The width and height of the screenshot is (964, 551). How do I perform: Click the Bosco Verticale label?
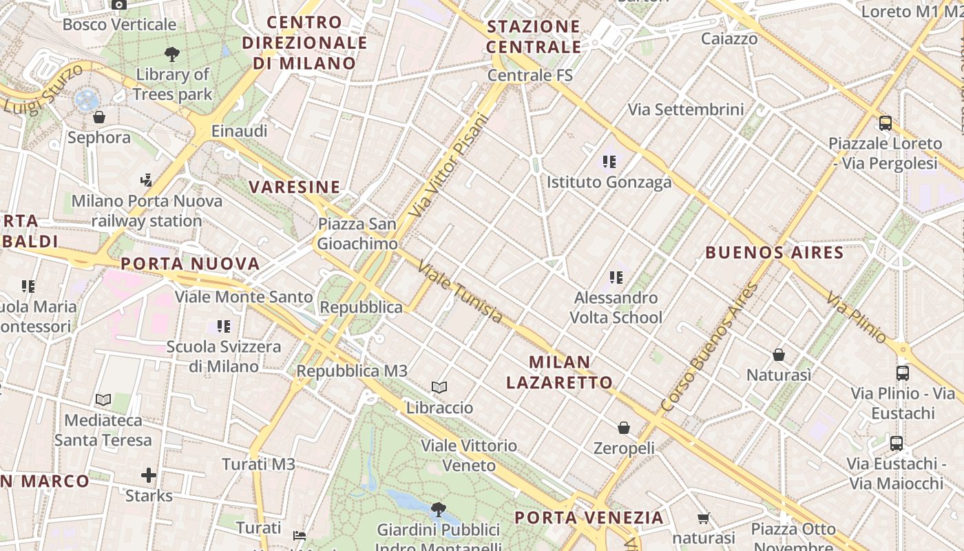[x=119, y=25]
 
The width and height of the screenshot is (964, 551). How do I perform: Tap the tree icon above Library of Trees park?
[x=172, y=54]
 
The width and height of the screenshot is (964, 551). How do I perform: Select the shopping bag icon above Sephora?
[x=99, y=117]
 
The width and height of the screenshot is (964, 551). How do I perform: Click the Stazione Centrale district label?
[x=534, y=37]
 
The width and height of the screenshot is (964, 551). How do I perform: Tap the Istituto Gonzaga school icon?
[x=609, y=162]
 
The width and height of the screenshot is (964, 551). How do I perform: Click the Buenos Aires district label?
[x=774, y=252]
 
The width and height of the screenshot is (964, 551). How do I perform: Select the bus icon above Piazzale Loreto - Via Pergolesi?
[x=886, y=123]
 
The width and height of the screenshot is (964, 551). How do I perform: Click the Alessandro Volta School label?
[x=616, y=307]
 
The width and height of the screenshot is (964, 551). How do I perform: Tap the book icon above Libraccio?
[x=439, y=387]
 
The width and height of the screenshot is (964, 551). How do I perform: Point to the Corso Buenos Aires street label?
[x=709, y=347]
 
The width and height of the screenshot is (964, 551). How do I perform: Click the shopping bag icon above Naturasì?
[x=779, y=355]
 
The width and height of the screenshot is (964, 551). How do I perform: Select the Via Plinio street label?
[x=857, y=318]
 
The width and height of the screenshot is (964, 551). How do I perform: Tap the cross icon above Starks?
[x=149, y=475]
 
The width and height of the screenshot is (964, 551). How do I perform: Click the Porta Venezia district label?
[x=589, y=517]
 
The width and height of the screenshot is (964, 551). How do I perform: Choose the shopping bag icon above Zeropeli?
[x=624, y=428]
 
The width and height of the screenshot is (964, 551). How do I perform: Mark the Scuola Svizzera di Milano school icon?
[x=223, y=326]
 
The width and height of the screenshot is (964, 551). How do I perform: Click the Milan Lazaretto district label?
[x=559, y=372]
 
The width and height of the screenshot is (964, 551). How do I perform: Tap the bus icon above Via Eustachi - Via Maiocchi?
[x=896, y=443]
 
